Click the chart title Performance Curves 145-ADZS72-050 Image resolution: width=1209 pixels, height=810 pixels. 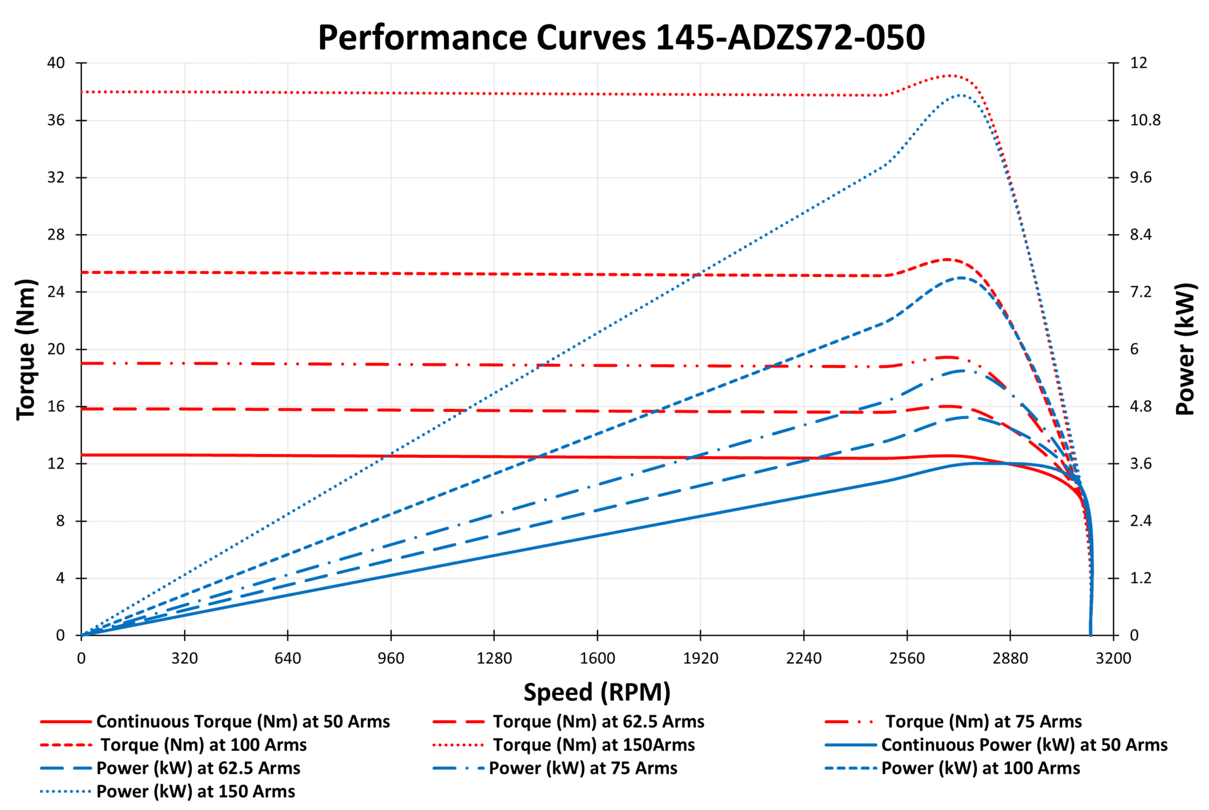621,37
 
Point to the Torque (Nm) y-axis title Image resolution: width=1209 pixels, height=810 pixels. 25,349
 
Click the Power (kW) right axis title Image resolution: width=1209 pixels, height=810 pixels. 1185,349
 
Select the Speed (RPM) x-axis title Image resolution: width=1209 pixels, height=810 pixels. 597,692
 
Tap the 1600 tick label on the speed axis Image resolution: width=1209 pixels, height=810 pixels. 597,658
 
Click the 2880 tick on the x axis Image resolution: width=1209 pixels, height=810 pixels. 1010,658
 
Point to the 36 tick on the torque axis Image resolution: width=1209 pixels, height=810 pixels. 56,121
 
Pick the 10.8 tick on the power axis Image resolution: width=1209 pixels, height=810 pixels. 1145,121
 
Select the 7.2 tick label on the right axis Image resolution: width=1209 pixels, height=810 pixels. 1141,292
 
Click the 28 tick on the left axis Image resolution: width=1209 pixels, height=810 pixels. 56,235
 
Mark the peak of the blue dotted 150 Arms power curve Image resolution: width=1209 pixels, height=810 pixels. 960,95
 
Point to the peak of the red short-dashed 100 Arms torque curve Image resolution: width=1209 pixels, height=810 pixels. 947,259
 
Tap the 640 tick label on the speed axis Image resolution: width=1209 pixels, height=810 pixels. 287,658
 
